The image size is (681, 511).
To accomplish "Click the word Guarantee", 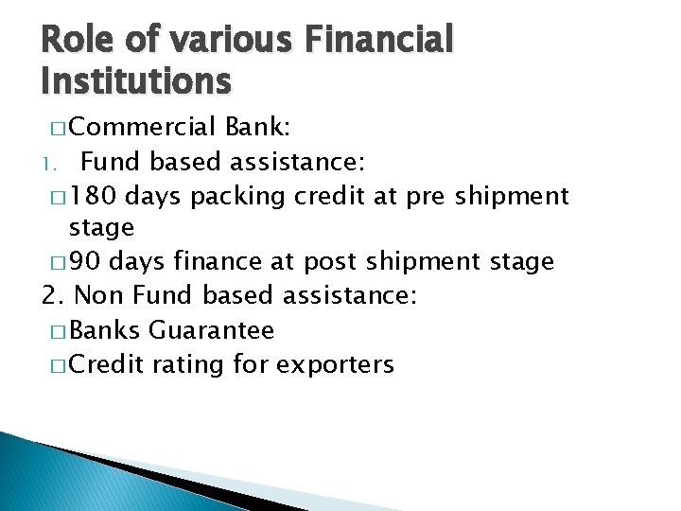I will pos(212,330).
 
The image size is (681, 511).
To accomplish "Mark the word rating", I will pos(184,364).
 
